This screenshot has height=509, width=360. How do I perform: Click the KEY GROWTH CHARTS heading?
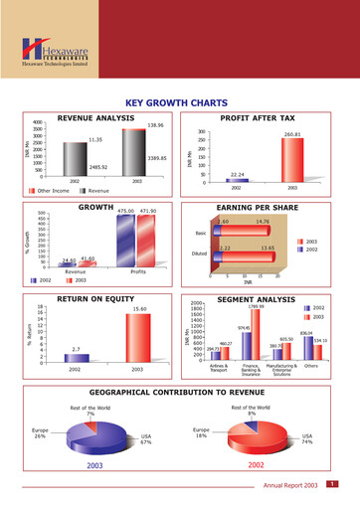180,101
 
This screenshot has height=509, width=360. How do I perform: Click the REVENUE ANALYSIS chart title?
96,117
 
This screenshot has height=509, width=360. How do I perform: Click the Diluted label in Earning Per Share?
199,254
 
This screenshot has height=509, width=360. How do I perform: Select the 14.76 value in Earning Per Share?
264,221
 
